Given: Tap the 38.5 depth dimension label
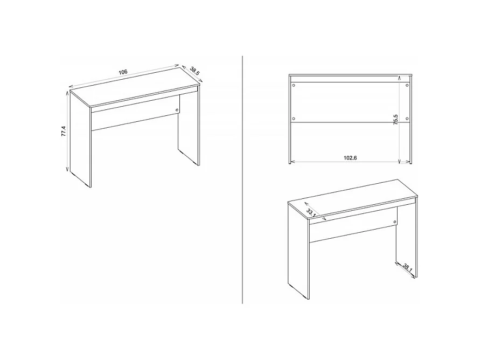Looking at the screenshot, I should pyautogui.click(x=194, y=71).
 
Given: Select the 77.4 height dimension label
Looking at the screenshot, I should pyautogui.click(x=63, y=131).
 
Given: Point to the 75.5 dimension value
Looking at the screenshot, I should pyautogui.click(x=395, y=120).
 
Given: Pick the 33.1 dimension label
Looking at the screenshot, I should pyautogui.click(x=310, y=211).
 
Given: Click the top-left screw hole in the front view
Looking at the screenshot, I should pyautogui.click(x=294, y=85).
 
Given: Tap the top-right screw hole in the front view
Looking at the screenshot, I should pyautogui.click(x=407, y=85).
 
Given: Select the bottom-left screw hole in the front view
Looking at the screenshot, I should pyautogui.click(x=294, y=119).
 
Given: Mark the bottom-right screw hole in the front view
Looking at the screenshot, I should pyautogui.click(x=407, y=119).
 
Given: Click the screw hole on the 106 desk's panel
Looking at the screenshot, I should pyautogui.click(x=178, y=111).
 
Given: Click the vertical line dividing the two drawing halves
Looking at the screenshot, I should pyautogui.click(x=243, y=178).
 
